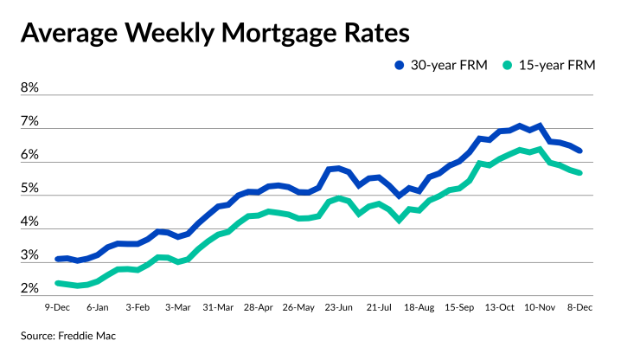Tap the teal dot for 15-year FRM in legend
510,65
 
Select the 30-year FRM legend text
451,65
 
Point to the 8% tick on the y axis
29,88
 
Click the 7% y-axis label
29,122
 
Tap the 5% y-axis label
29,190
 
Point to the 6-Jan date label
97,306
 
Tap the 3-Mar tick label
177,306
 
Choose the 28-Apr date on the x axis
259,306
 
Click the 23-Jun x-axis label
338,306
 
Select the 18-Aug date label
419,306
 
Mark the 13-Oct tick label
499,306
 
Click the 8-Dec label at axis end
579,306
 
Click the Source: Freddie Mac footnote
69,335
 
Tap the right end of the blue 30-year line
579,151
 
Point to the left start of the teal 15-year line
57,283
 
